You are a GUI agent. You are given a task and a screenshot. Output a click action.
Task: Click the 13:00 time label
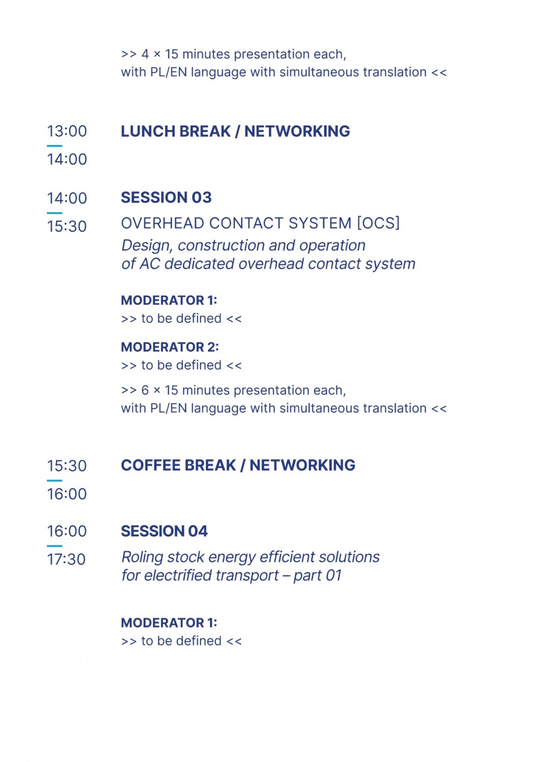click(67, 131)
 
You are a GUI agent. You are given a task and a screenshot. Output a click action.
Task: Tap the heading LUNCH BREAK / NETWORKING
click(236, 131)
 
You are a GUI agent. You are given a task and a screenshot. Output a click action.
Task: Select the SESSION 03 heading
click(167, 198)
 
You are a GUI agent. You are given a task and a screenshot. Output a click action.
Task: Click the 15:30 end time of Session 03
click(67, 226)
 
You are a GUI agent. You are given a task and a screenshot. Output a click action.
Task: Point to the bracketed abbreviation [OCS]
click(378, 224)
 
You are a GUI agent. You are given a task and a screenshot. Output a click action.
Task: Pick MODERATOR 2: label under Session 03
click(170, 347)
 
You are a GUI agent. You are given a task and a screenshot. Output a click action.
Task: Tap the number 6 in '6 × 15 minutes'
click(145, 390)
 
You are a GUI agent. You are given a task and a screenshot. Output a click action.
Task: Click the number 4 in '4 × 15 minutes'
click(145, 54)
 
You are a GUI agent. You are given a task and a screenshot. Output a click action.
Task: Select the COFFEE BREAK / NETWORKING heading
click(238, 466)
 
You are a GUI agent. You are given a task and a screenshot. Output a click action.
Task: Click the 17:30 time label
click(66, 559)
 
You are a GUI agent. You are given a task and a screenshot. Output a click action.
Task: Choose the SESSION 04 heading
click(164, 531)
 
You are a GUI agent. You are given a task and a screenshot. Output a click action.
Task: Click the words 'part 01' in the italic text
click(317, 576)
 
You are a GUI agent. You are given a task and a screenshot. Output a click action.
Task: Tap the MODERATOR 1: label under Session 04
click(169, 623)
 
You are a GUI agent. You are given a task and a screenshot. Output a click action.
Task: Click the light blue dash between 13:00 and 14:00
click(54, 146)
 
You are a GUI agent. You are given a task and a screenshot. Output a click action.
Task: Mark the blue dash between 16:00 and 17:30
click(54, 546)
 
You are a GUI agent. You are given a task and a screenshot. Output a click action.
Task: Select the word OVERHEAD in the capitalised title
click(163, 224)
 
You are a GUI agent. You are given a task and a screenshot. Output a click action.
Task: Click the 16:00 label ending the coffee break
click(67, 494)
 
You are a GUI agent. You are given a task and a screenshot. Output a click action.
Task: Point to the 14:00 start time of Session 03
click(67, 198)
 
